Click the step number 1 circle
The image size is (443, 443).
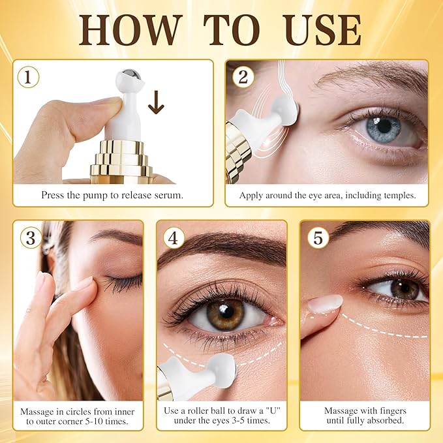pos(28,77)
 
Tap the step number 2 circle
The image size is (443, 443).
pos(243,77)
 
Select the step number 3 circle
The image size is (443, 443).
pos(29,237)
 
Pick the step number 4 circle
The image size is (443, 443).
pos(172,237)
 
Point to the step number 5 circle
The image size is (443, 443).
pos(318,237)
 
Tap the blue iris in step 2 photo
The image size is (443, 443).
pos(383,127)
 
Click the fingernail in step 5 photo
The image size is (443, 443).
pos(326,303)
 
